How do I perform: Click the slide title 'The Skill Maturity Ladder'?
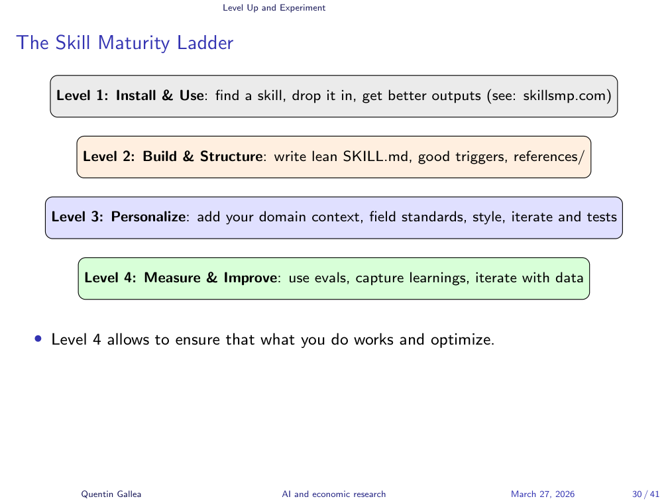pos(125,43)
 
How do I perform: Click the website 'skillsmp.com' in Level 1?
pos(566,95)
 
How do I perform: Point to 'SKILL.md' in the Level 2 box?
pos(368,157)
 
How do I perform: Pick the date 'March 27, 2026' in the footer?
pos(543,494)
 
